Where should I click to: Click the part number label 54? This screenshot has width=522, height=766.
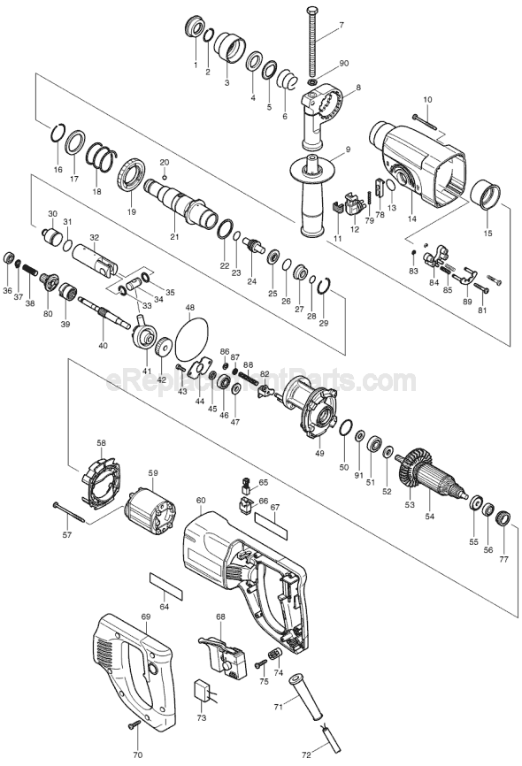point(429,516)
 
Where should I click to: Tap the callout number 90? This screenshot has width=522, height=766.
point(344,64)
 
